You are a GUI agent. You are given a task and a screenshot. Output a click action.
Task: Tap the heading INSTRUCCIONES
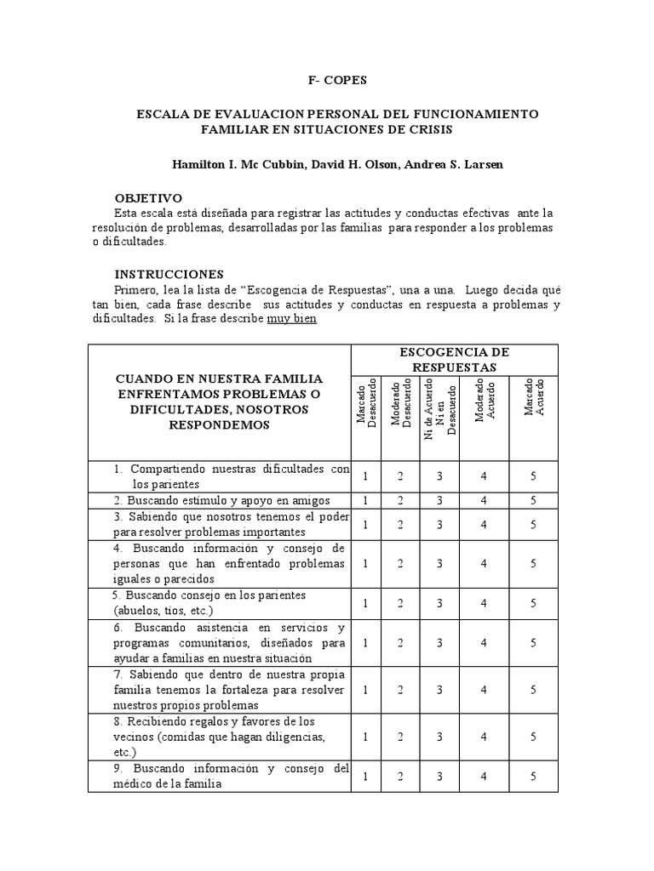coord(169,274)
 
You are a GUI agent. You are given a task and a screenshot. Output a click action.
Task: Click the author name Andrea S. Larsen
coord(455,163)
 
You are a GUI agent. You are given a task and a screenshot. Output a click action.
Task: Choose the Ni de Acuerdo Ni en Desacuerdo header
coord(440,409)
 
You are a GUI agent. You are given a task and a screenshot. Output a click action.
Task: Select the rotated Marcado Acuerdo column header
coord(533,397)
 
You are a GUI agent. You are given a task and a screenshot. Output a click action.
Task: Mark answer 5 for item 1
coord(532,477)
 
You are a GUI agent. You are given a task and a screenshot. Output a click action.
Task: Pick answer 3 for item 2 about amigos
coord(439,501)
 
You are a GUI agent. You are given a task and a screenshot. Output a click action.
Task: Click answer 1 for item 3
coord(365,525)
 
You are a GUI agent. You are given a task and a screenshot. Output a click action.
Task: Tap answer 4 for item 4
coord(483,563)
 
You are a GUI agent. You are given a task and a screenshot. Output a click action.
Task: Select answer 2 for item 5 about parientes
coord(400,603)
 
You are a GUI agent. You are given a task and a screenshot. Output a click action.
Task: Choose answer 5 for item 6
coord(532,643)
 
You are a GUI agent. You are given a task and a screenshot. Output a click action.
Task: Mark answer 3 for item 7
coord(439,690)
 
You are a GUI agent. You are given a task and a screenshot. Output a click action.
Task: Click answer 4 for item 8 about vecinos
coord(483,737)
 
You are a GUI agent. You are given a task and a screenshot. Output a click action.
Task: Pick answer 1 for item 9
coord(365,777)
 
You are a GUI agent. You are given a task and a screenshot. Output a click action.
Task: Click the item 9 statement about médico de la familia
coord(220,777)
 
